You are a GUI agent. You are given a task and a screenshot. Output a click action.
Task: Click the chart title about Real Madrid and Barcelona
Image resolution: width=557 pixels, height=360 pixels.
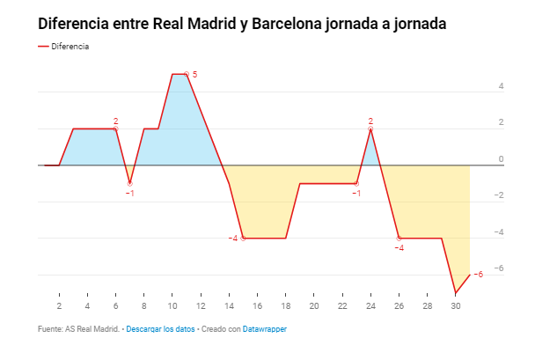[242, 24]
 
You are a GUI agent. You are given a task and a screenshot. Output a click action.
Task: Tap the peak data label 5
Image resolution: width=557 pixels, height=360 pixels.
[194, 75]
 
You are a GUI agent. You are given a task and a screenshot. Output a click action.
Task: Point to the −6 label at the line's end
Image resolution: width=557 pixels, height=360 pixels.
[478, 274]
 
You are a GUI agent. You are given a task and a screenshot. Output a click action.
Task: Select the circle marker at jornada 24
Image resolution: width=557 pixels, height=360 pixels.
[370, 129]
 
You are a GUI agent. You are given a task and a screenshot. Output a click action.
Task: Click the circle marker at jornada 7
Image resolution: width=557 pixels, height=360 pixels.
[129, 183]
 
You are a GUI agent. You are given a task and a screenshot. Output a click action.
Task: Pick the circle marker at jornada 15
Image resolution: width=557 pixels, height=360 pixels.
[243, 239]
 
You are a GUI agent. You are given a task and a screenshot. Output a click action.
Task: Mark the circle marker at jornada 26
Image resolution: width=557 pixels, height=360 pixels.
[399, 239]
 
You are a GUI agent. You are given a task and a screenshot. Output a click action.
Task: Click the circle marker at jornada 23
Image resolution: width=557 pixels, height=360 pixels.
[356, 183]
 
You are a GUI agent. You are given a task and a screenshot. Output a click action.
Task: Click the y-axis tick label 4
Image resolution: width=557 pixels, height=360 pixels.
[501, 86]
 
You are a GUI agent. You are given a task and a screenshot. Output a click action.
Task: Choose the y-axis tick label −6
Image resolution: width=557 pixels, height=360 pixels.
[499, 268]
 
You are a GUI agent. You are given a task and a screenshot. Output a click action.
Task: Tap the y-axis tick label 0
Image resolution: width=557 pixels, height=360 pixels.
[501, 159]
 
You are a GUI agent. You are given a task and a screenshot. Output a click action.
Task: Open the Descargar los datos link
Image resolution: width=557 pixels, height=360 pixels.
[160, 329]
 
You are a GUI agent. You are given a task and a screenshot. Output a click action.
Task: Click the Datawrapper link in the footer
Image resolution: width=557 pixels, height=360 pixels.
[265, 329]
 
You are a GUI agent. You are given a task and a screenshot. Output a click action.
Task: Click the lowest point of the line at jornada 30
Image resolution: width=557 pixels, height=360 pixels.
[455, 293]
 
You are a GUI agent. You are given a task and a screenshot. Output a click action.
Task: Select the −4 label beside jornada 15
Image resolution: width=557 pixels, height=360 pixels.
[233, 239]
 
